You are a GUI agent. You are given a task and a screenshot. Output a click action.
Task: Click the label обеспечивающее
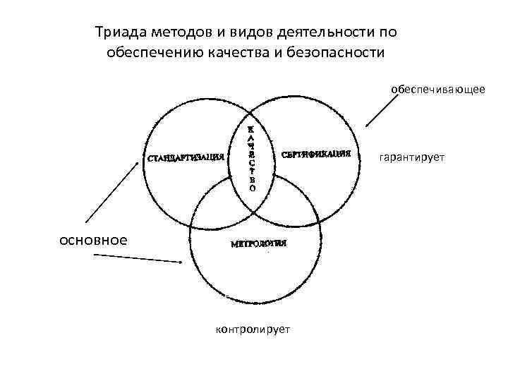coord(437,90)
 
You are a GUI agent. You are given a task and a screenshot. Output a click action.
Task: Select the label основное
coord(93,240)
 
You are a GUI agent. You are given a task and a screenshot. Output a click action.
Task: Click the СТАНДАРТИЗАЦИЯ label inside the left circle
coord(186,157)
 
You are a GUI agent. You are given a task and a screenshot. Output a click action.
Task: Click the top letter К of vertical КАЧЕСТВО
coord(253,130)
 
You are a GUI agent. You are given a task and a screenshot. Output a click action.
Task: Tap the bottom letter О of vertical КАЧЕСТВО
coord(253,189)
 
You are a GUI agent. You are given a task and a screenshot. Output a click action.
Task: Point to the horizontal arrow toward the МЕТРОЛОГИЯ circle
coord(138,259)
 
